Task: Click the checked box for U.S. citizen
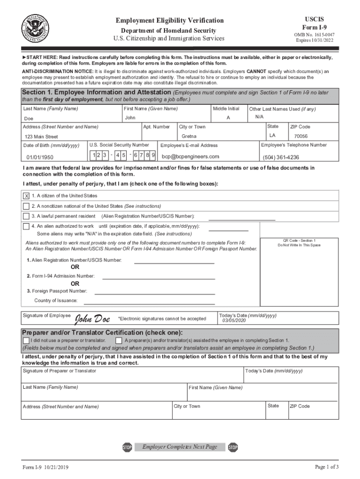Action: (26, 196)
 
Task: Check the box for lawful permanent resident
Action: (26, 216)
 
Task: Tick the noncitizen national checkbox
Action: (26, 206)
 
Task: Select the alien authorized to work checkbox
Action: (26, 226)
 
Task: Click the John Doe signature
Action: (93, 319)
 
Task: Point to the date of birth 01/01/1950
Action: (40, 157)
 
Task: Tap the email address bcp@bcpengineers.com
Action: (190, 156)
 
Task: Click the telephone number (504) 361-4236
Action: (281, 157)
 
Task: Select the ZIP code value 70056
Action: (301, 136)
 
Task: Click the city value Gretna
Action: (189, 136)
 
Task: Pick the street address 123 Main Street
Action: (42, 137)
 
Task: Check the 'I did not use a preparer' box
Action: (26, 340)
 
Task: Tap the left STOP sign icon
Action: (127, 448)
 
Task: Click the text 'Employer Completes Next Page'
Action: (180, 447)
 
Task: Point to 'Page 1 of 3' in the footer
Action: (327, 467)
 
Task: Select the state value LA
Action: (272, 136)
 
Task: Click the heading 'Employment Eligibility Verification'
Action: (170, 21)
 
